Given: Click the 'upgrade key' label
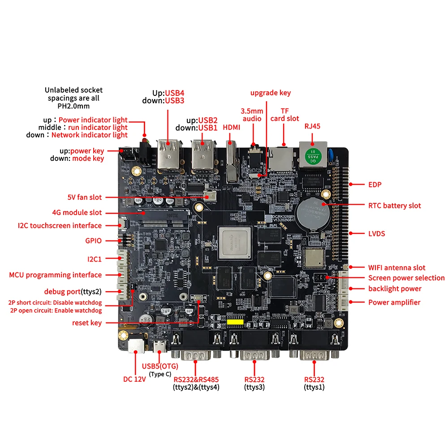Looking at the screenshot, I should (270, 93).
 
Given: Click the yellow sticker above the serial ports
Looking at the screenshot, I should (235, 322).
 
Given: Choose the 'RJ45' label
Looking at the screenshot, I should (312, 126).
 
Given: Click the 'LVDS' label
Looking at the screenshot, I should (377, 233).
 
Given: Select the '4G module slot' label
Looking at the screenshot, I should (77, 212).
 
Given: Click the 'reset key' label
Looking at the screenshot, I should (87, 323).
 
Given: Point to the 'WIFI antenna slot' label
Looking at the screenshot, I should (396, 267).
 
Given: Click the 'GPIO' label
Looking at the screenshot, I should (93, 241).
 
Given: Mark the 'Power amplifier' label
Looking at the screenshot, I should (394, 302).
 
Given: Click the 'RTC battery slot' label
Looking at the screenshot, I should (395, 205).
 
